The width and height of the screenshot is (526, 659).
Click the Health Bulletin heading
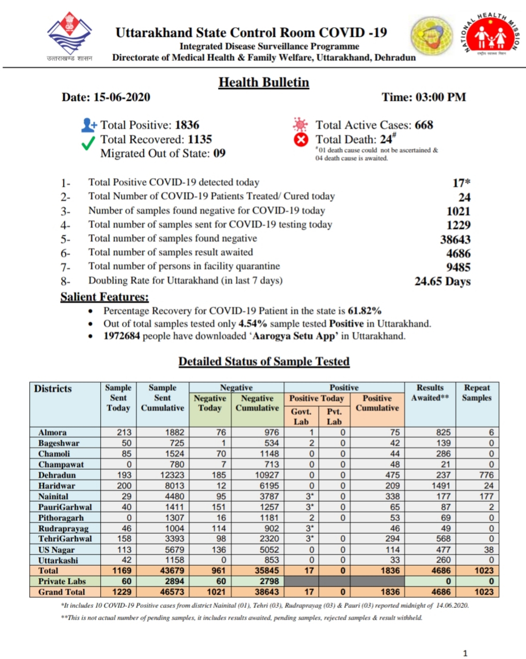coord(263,83)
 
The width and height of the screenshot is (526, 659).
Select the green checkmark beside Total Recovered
coord(88,142)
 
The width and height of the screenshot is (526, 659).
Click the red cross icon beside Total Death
coord(301,140)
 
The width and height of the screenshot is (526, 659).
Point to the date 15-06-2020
coord(122,97)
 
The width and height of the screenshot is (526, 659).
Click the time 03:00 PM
coord(441,97)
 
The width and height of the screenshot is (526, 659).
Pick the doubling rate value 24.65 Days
coord(442,281)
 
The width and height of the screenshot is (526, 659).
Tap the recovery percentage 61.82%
coord(365,311)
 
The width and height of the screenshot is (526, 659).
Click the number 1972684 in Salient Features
coord(123,336)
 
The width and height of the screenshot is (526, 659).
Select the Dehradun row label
coord(57,475)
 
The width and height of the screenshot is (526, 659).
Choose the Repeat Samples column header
coord(477,393)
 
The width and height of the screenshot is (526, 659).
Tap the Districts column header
coord(53,389)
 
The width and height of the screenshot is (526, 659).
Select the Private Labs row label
coord(62,581)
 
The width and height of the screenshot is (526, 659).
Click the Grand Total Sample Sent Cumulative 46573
coord(172,592)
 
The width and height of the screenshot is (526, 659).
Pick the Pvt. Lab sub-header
coord(334,416)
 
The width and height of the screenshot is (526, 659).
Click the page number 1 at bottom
coord(465,653)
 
